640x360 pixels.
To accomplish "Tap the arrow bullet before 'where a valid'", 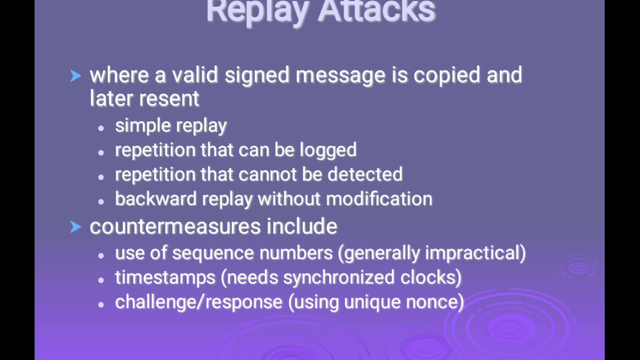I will (75, 76).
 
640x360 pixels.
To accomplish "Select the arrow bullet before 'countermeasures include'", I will (75, 227).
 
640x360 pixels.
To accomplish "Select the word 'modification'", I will (379, 199).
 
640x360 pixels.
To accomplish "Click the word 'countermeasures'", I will (174, 227).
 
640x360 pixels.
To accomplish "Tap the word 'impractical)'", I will (475, 253).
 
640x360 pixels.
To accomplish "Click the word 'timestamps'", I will (165, 277).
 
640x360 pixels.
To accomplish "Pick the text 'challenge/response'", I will (199, 302).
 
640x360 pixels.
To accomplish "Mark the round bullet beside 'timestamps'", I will (101, 279).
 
